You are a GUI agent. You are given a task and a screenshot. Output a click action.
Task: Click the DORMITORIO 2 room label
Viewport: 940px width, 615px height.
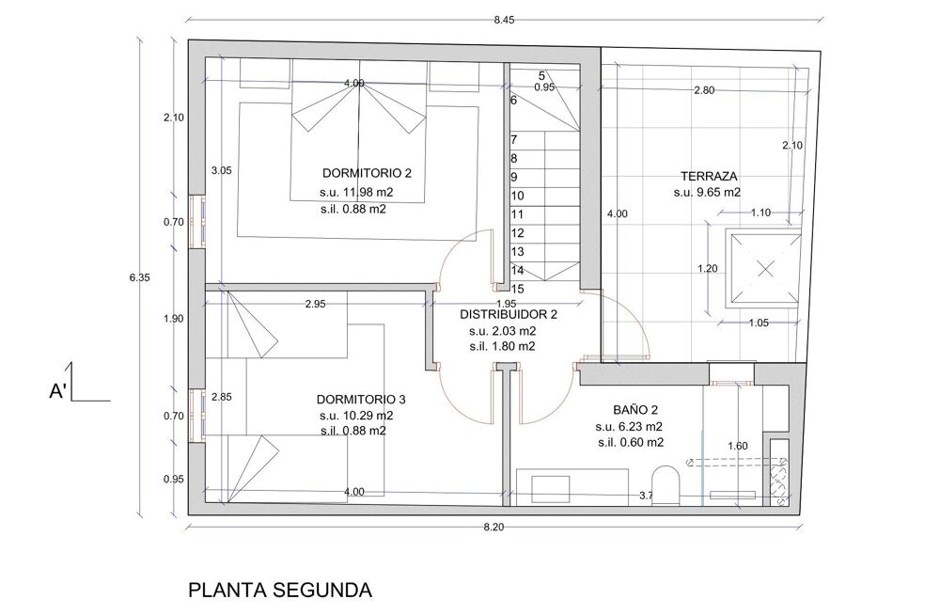(x=367, y=173)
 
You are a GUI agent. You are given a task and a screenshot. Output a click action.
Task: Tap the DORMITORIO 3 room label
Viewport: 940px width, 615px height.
(x=361, y=400)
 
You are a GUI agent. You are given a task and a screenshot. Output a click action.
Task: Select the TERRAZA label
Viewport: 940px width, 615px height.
(x=709, y=177)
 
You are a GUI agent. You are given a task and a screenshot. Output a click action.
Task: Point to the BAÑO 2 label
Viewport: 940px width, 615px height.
(x=635, y=410)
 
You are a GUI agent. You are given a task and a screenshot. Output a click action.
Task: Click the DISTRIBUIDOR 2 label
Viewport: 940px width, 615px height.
(x=509, y=314)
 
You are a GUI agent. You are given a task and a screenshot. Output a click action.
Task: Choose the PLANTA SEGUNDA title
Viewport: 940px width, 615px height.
(x=280, y=590)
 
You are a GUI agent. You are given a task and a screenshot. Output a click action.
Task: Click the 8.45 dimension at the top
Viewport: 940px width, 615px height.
(x=504, y=20)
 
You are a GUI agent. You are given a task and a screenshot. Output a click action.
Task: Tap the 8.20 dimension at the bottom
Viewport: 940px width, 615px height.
(x=493, y=527)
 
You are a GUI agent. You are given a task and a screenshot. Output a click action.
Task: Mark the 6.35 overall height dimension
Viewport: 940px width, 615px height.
(x=140, y=277)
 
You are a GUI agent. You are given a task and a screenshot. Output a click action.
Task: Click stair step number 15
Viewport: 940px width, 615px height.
(x=517, y=290)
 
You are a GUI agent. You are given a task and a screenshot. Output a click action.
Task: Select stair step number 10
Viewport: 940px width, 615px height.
(x=517, y=197)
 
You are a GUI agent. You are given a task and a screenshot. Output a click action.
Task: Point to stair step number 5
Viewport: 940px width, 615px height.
(x=542, y=76)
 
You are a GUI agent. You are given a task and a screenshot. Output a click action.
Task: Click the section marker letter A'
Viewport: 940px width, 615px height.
(x=58, y=392)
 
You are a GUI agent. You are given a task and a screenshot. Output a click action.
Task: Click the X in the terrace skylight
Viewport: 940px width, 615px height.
(x=765, y=268)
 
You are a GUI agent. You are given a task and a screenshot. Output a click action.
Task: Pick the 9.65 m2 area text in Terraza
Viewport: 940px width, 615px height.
(x=707, y=193)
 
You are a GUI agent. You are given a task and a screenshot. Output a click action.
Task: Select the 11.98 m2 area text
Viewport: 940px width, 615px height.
(x=357, y=193)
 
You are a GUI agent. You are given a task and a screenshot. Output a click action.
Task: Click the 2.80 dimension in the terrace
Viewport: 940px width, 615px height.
(x=704, y=90)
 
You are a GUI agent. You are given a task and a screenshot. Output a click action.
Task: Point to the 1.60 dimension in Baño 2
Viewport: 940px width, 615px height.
(x=737, y=446)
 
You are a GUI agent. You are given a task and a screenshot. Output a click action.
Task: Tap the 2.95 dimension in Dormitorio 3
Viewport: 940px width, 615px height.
(x=315, y=304)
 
